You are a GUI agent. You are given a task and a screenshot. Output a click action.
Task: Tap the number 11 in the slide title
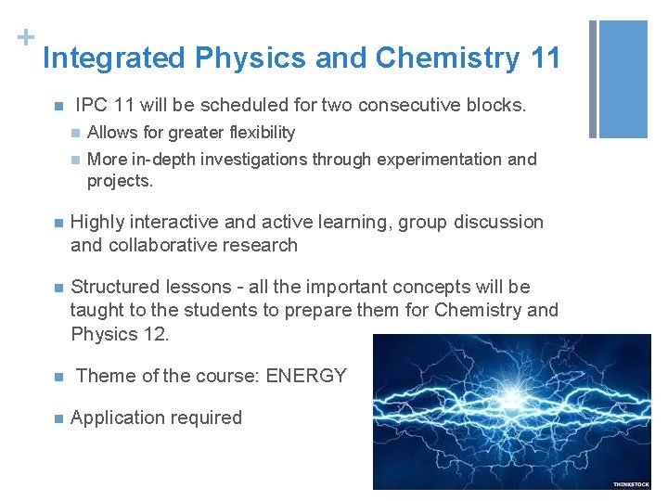(546, 58)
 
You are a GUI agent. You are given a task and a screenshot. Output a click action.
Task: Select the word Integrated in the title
(114, 58)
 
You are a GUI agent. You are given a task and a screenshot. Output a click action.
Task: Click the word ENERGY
(306, 376)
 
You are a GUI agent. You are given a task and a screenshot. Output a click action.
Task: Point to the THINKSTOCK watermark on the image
(631, 484)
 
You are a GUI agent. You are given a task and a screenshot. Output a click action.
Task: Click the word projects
(120, 181)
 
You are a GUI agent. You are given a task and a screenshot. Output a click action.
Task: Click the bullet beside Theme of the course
(58, 377)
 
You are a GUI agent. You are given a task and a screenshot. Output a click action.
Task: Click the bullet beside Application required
(58, 418)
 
